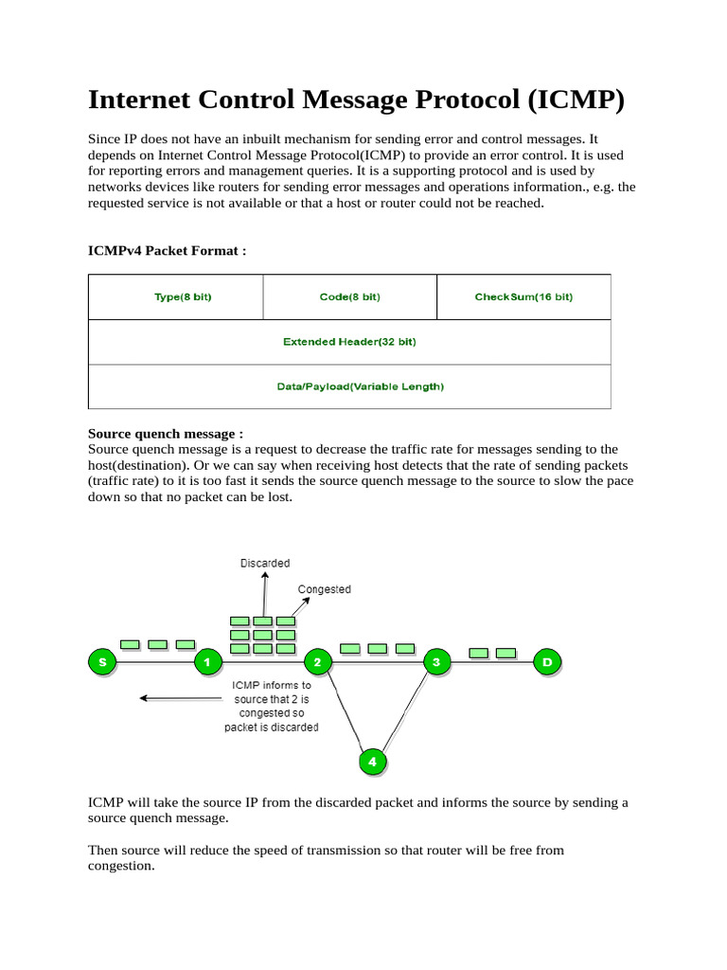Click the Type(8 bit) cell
click(x=175, y=296)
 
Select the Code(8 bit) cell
click(x=349, y=296)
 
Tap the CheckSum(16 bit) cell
click(x=523, y=296)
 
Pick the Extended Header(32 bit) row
click(x=349, y=342)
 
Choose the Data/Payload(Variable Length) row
click(x=349, y=386)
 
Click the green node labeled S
click(x=101, y=662)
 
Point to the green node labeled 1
click(x=207, y=662)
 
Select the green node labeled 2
click(x=319, y=662)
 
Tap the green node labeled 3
click(x=435, y=662)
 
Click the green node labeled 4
click(x=372, y=761)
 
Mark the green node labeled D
click(x=546, y=662)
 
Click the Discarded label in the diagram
click(x=265, y=564)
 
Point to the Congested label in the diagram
click(x=324, y=589)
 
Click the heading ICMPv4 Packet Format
click(x=167, y=251)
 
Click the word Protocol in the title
click(x=442, y=100)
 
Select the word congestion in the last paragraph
click(x=120, y=865)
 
